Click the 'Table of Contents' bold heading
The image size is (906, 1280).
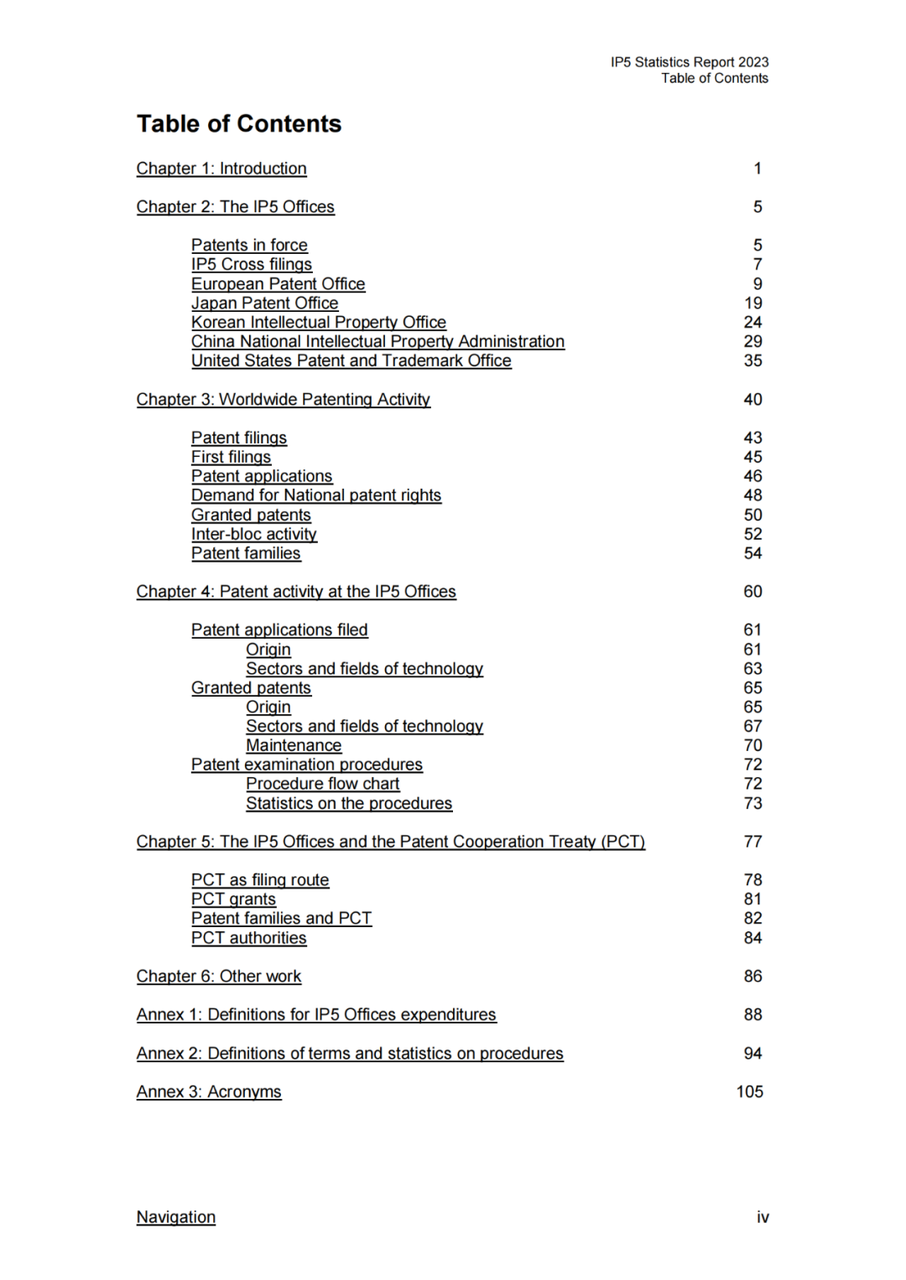point(239,124)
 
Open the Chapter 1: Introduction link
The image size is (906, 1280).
point(221,168)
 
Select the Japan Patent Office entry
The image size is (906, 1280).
point(264,303)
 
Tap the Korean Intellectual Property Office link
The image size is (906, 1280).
point(318,323)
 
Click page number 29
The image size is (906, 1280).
point(752,342)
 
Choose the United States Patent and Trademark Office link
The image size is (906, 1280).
point(351,361)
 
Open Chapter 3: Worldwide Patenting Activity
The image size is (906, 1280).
point(283,400)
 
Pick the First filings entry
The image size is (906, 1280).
point(231,457)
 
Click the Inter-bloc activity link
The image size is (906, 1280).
point(253,534)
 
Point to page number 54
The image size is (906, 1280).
point(752,553)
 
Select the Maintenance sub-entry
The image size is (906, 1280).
point(294,745)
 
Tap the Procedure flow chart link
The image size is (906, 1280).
point(322,784)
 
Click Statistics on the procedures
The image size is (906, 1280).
point(348,803)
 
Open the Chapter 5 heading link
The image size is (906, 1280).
point(390,842)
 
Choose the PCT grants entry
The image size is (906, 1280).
point(233,899)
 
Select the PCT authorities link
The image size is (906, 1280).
point(248,938)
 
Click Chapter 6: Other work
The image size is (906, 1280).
point(218,977)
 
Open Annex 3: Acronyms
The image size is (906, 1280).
point(209,1091)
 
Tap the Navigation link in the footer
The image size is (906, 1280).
point(175,1217)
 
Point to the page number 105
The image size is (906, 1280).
point(749,1091)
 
